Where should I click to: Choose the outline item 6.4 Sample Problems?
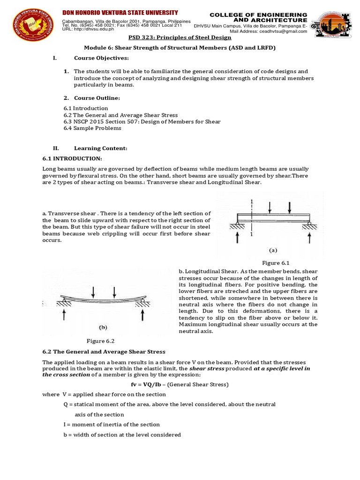(92, 128)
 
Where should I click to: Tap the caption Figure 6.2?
(100, 341)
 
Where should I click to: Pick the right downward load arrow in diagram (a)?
(290, 207)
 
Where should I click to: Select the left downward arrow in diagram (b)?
(94, 292)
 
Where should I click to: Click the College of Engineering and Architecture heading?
(258, 17)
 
